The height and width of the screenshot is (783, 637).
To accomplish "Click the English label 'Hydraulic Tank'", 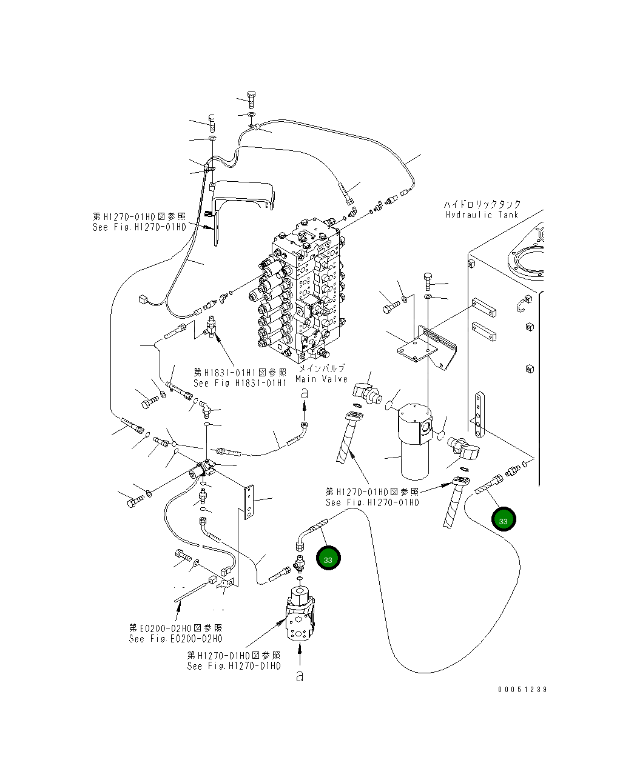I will pos(482,215).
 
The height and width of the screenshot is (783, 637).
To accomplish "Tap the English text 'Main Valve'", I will pos(322,379).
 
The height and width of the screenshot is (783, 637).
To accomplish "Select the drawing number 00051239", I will pos(522,690).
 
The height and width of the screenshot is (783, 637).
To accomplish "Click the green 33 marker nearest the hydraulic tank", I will pos(503,520).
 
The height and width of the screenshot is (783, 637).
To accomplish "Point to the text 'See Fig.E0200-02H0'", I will pos(175,639).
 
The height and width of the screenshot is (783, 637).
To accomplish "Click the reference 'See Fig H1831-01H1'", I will pos(240,383).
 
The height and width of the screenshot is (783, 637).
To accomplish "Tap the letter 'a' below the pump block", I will pos(299,676).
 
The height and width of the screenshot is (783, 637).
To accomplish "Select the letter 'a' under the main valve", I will pos(305,393).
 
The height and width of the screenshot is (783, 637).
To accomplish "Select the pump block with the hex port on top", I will pos(300,612).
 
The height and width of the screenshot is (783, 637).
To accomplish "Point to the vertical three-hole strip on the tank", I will pos(480,415).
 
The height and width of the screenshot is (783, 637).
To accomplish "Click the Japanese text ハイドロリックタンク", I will pos(482,204).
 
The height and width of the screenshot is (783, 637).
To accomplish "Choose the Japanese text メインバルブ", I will pos(322,368).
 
